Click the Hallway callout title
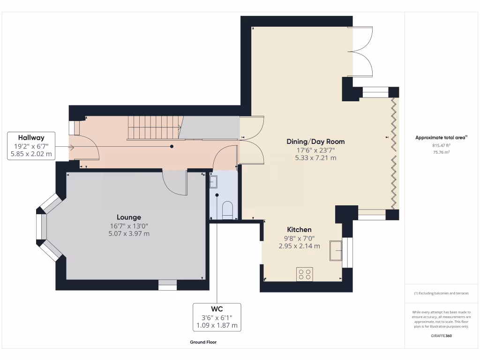(31, 137)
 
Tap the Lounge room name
(129, 217)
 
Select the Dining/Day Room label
(315, 141)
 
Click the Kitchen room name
(299, 229)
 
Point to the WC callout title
(217, 308)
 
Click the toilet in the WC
(227, 210)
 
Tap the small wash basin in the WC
(214, 181)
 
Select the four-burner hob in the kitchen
(304, 274)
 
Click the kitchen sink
(336, 251)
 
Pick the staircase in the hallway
(154, 127)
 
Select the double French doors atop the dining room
(361, 52)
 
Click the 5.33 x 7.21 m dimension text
(315, 158)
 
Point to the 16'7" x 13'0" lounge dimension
(129, 225)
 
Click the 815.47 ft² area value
(441, 145)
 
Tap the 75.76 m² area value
(441, 152)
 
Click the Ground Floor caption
(203, 342)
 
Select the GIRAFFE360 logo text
(441, 336)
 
